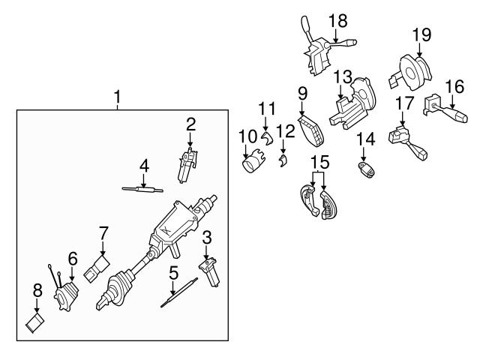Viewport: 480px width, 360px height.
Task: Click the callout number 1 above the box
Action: coord(117,96)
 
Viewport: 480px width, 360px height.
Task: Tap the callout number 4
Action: coord(144,164)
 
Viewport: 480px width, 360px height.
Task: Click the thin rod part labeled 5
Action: coord(179,293)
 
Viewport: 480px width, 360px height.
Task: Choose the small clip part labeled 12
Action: coord(282,160)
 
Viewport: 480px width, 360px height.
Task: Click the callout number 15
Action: coord(320,160)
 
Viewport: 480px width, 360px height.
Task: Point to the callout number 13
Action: coord(342,76)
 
